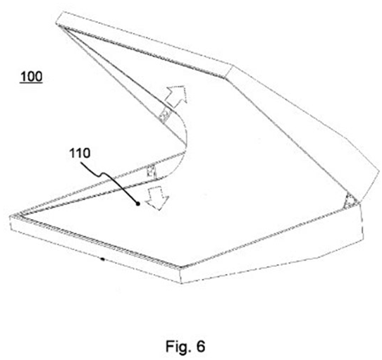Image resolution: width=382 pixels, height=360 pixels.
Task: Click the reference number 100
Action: click(x=31, y=76)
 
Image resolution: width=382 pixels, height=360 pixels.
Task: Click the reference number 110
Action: click(x=80, y=153)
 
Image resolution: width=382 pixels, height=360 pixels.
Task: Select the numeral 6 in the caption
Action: click(x=201, y=346)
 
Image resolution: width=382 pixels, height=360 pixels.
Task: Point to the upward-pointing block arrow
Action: click(x=176, y=97)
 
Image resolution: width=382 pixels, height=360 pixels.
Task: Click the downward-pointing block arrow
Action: click(x=157, y=198)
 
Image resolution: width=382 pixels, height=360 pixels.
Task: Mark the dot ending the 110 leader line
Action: click(x=137, y=204)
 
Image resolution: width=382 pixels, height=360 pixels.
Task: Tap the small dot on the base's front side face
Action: click(x=103, y=259)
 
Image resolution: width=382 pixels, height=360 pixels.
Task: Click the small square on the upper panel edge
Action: click(x=164, y=114)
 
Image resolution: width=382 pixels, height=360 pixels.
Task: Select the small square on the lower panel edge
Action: click(x=151, y=172)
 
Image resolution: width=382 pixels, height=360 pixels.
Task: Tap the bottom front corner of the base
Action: click(x=181, y=283)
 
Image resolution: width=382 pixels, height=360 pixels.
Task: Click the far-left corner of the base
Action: click(x=10, y=216)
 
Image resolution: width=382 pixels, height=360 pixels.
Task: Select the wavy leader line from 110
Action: click(x=109, y=182)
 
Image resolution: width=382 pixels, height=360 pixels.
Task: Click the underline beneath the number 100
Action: click(x=31, y=83)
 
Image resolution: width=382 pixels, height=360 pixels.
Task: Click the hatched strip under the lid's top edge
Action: click(x=144, y=52)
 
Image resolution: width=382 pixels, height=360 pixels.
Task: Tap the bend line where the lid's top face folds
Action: click(x=230, y=72)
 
